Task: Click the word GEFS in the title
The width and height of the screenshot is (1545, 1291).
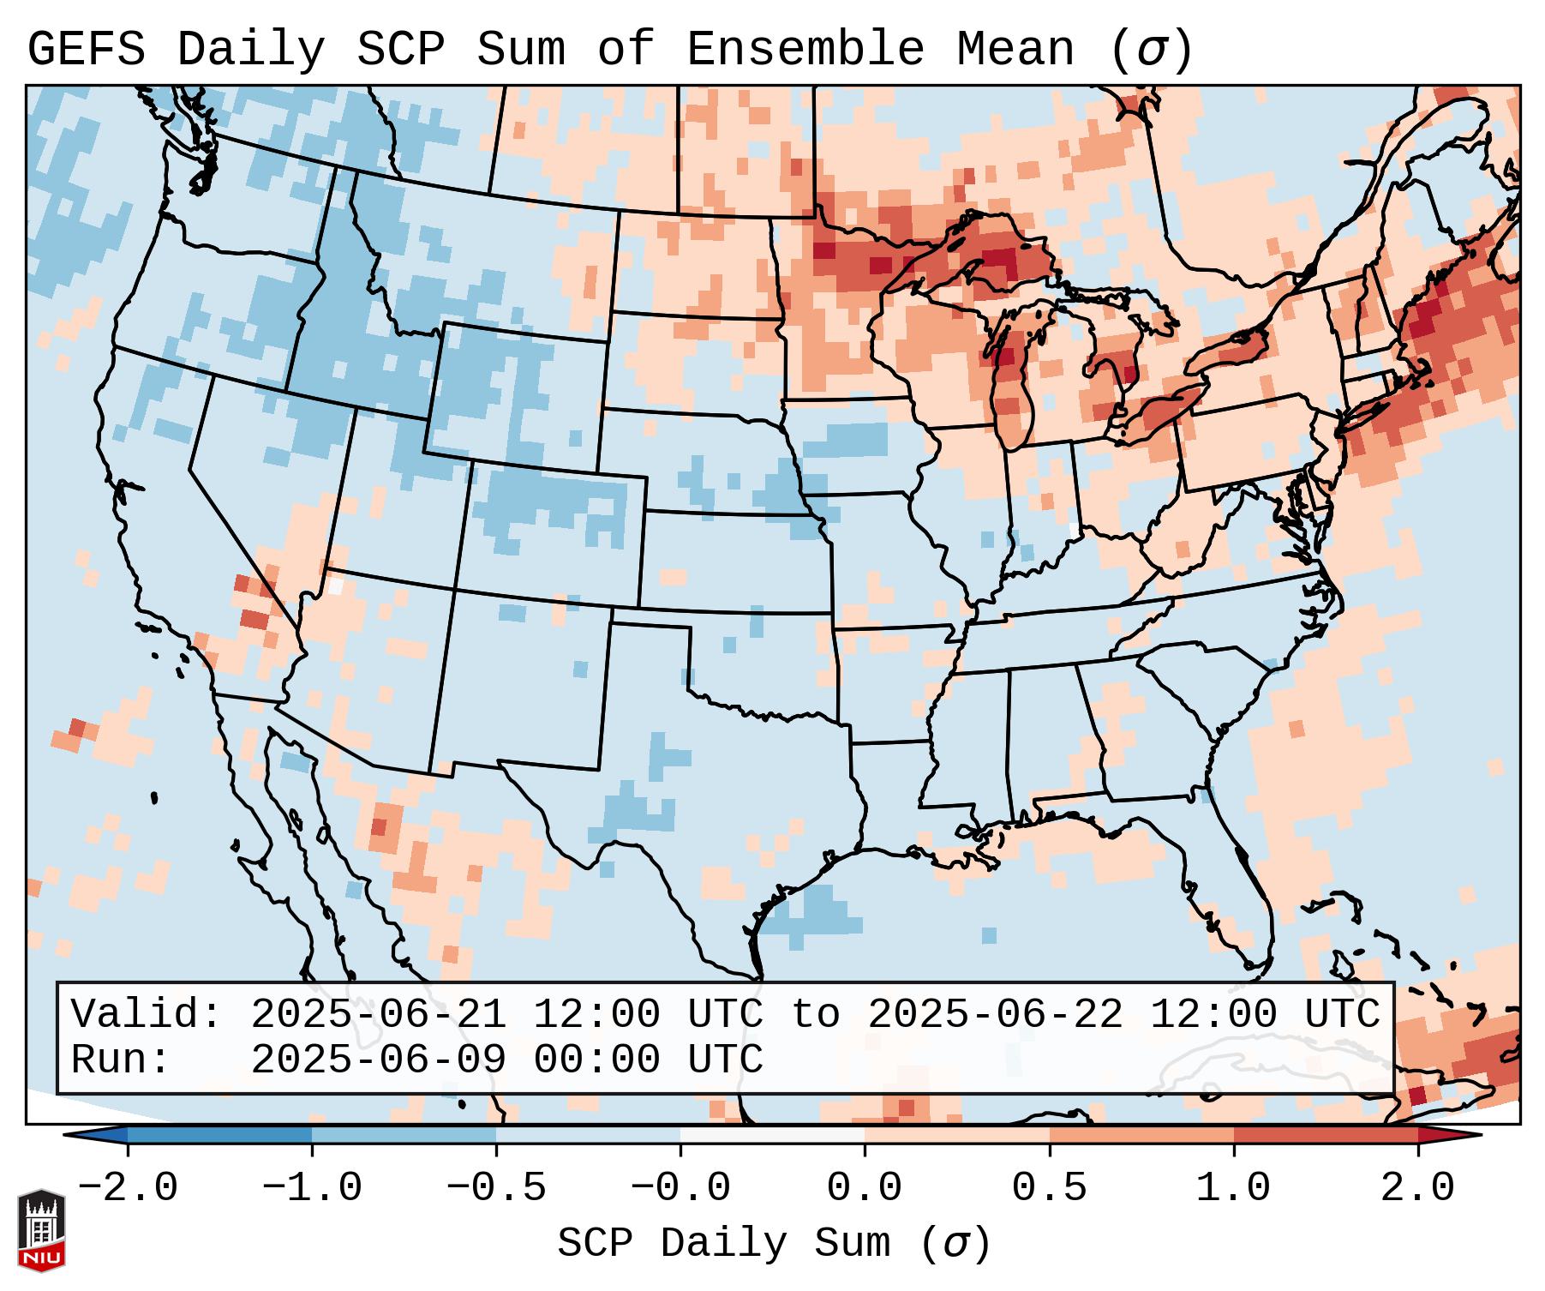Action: (x=87, y=49)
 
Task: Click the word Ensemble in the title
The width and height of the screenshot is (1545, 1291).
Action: (x=805, y=49)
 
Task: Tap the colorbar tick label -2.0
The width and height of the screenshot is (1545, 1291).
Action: (x=128, y=1188)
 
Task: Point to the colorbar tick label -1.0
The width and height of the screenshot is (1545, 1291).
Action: (x=312, y=1188)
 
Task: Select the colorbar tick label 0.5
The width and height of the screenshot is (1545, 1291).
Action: (x=1049, y=1188)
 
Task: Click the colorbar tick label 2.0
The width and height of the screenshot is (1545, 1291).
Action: (x=1417, y=1188)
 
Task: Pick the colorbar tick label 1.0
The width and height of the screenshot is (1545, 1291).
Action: (x=1233, y=1188)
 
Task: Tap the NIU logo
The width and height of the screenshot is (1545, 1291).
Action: (x=41, y=1229)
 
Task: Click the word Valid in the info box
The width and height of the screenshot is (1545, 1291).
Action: (x=137, y=1015)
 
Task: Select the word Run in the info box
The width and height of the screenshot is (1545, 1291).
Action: (x=111, y=1060)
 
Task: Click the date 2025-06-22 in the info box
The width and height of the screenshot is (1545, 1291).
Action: (x=995, y=1015)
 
